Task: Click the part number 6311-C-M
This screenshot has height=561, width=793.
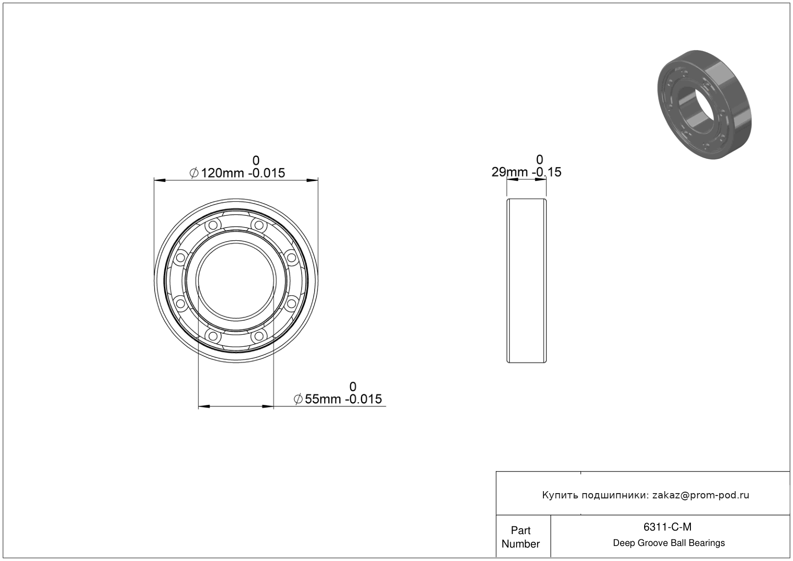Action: [667, 527]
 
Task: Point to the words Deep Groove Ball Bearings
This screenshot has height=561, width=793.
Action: [669, 543]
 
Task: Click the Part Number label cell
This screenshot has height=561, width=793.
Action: [520, 537]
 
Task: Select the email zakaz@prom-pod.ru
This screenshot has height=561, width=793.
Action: [700, 495]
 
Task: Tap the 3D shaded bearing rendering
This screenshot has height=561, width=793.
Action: [704, 104]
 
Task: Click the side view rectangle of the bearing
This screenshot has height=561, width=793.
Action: [527, 281]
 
